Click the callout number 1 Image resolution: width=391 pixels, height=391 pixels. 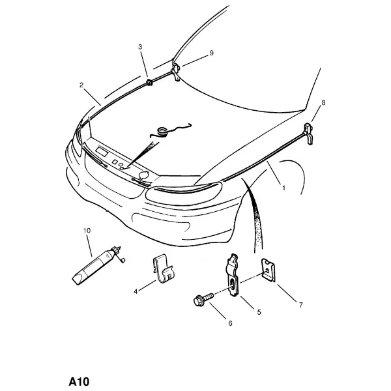pos(283,188)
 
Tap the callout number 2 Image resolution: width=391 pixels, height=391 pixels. pos(81,85)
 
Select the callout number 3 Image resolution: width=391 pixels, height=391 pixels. pos(140,47)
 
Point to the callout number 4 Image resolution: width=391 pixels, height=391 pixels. pos(136,291)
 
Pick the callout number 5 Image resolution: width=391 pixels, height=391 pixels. pos(259,312)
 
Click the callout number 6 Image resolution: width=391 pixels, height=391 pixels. pos(230,323)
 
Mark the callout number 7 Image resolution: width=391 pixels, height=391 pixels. pos(300,305)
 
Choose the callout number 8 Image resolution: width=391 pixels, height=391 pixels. pos(323,102)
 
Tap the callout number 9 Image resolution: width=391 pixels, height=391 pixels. pos(211,53)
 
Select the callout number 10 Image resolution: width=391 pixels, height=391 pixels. pos(87,231)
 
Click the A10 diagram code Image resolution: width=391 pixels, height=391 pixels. pos(79,381)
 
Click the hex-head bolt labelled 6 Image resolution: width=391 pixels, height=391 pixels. pos(203,299)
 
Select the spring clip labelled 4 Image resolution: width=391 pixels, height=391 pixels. pos(164,270)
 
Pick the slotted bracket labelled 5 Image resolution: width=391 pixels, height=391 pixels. pos(233,276)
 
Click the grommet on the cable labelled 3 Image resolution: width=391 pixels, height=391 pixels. pos(149,82)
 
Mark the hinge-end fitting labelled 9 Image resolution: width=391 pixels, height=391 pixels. pos(176,72)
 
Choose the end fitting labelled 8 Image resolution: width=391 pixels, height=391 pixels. pos(308,134)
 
